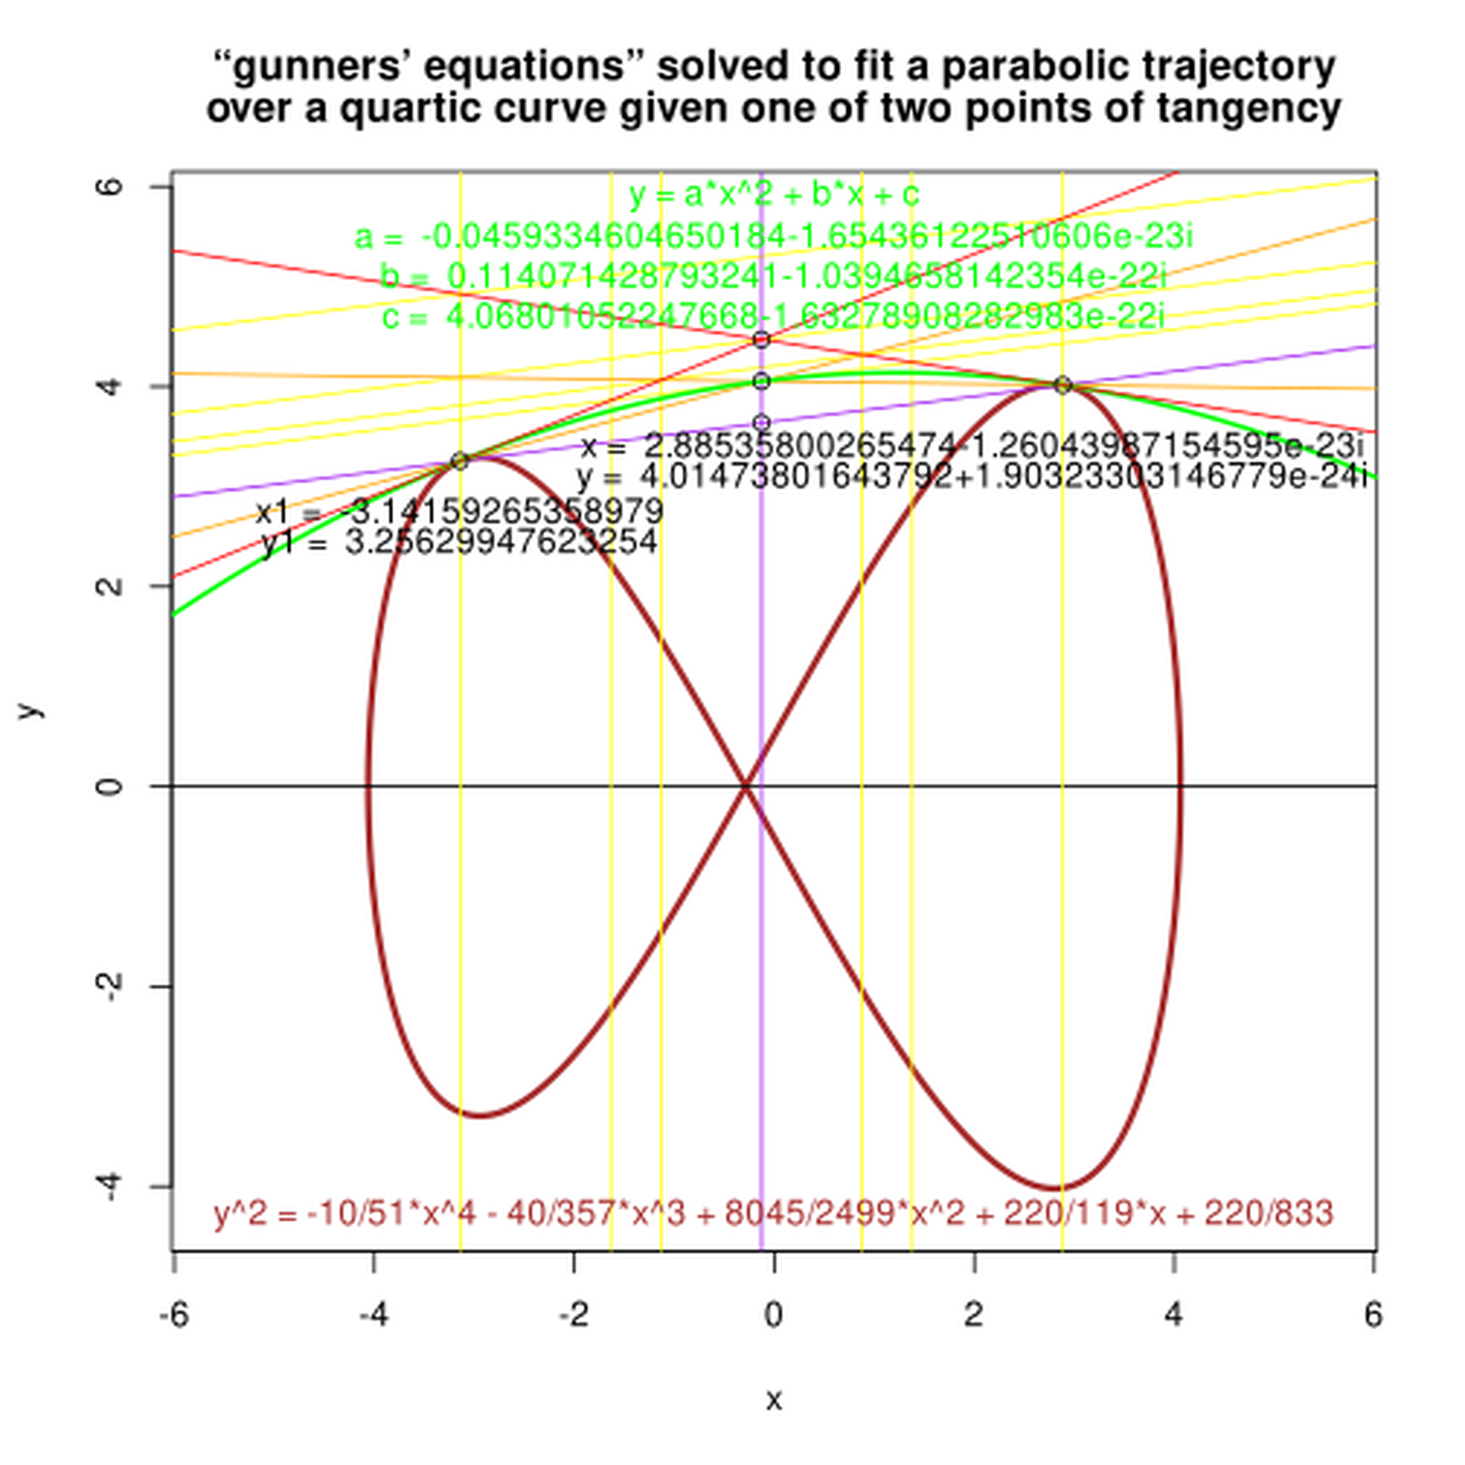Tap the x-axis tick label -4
[x=374, y=1314]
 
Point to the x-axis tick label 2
[x=974, y=1314]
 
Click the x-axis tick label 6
[x=1373, y=1314]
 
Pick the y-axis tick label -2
[x=110, y=986]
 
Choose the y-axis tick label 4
[x=110, y=386]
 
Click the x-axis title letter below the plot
[x=773, y=1399]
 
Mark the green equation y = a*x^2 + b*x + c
[x=774, y=195]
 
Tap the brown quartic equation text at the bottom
[x=773, y=1214]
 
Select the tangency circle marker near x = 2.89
[x=1062, y=386]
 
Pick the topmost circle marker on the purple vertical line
[x=762, y=340]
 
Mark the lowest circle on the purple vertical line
[x=762, y=422]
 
